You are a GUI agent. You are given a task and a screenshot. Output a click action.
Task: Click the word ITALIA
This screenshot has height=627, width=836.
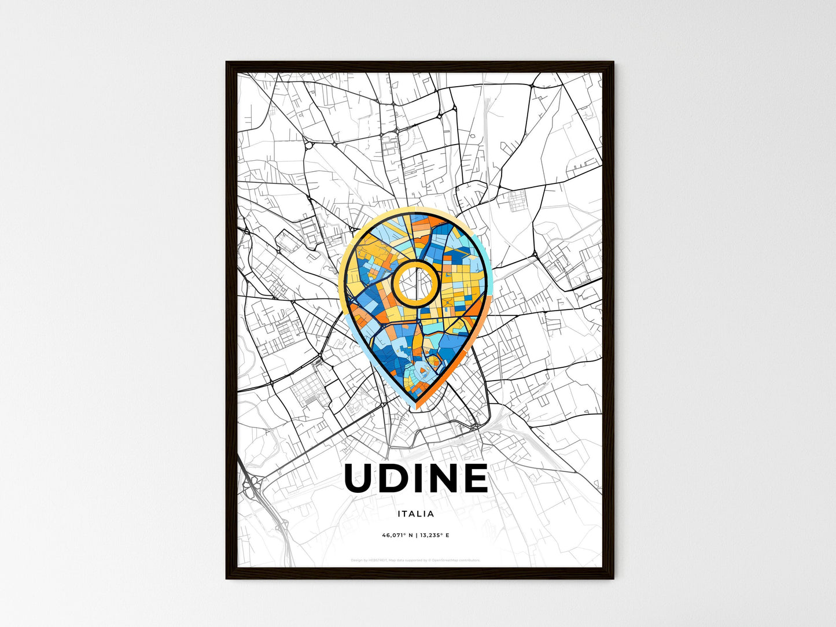point(415,514)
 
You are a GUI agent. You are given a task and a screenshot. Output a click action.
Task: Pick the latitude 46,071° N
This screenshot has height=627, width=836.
point(397,536)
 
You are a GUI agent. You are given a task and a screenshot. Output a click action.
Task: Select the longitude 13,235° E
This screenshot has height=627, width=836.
point(434,536)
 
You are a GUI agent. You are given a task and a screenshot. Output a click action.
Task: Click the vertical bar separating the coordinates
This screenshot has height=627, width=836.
point(416,536)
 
